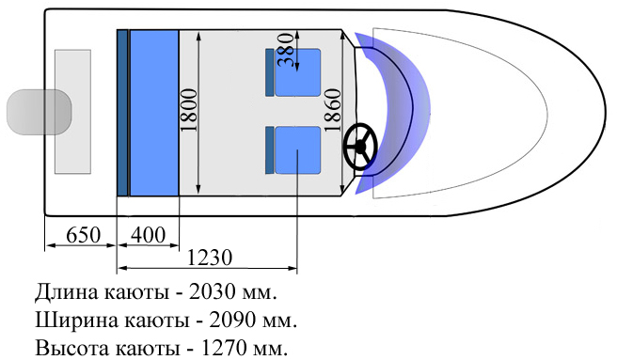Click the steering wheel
(359, 147)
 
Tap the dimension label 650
(83, 235)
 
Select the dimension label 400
(148, 235)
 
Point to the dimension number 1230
(210, 258)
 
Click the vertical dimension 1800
(188, 110)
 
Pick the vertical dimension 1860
(333, 110)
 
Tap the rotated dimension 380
(286, 50)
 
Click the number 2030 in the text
(213, 292)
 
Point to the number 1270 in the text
(225, 348)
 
